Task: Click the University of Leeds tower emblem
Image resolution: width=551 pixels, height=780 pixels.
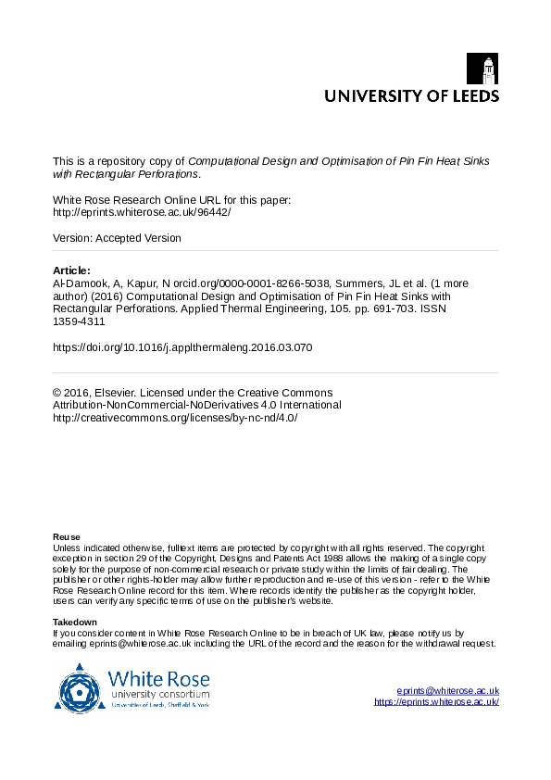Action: [488, 69]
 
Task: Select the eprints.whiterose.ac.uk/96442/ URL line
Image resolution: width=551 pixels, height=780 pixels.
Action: [142, 211]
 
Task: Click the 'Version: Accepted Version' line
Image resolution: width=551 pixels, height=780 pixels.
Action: [118, 238]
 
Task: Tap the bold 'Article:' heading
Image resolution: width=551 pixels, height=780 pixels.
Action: [72, 270]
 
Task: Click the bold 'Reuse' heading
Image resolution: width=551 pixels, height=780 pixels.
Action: [67, 537]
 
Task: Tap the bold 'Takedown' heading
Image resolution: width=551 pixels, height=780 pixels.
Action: [75, 622]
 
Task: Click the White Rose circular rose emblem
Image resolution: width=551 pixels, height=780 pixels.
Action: [81, 689]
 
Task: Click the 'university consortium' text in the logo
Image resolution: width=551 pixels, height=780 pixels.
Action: [159, 693]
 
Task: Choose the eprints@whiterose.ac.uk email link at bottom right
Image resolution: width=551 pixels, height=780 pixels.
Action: [447, 690]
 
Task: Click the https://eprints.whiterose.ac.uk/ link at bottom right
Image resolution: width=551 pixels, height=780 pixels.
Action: [436, 702]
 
